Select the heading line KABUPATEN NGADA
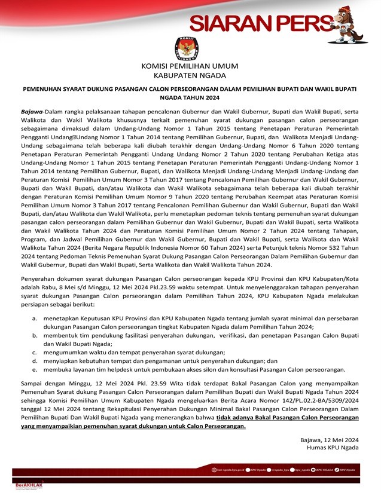190,76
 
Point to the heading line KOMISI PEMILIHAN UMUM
190,66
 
